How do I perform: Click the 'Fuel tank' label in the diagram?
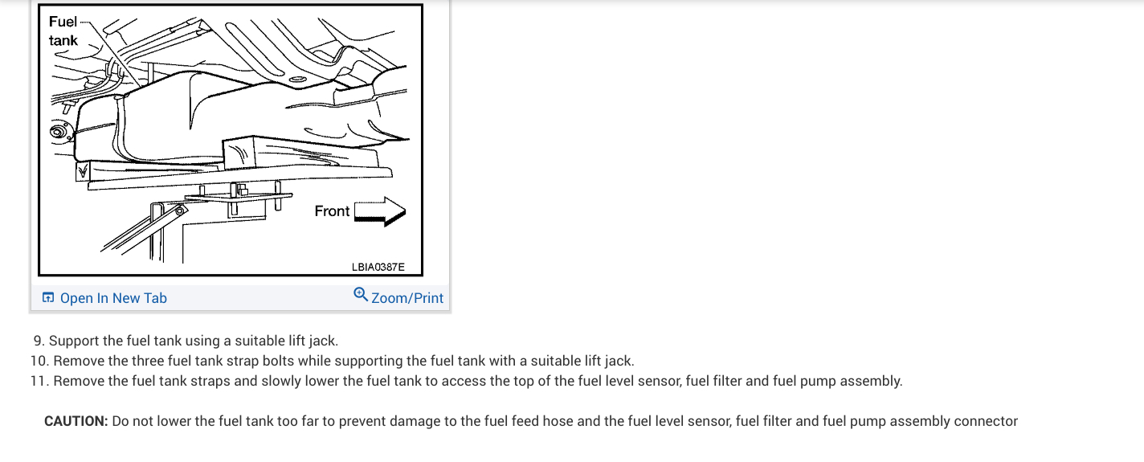click(x=63, y=31)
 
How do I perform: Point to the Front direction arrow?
click(x=380, y=211)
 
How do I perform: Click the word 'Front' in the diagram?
click(x=332, y=211)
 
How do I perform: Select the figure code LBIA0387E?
click(x=378, y=266)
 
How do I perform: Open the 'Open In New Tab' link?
click(x=113, y=298)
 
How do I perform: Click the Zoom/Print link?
click(x=407, y=298)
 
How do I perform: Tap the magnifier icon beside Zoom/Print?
click(x=361, y=295)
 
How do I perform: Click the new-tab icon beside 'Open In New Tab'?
click(x=48, y=298)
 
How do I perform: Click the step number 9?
click(x=38, y=341)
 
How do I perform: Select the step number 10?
click(x=39, y=361)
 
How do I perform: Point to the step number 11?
click(x=39, y=381)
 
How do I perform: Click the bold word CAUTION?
click(x=76, y=421)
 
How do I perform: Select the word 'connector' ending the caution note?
click(x=986, y=421)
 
